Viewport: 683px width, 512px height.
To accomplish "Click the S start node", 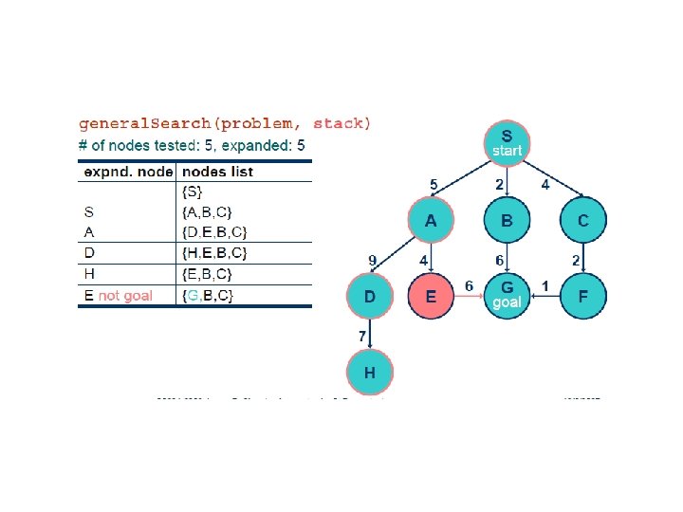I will click(x=506, y=142).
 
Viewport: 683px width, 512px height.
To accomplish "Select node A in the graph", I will click(x=431, y=221).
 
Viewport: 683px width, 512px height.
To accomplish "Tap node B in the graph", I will click(x=506, y=221).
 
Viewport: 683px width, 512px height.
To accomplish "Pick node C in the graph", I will click(x=582, y=221).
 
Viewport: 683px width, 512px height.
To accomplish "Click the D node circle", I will click(x=369, y=297).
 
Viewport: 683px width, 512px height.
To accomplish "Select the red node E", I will click(x=431, y=297).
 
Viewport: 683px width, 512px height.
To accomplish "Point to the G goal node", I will click(x=506, y=295).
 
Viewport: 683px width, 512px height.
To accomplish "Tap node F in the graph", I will click(x=582, y=297).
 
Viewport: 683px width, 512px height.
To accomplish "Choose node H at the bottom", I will click(x=369, y=374).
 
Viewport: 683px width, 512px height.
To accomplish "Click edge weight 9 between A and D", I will click(x=372, y=258).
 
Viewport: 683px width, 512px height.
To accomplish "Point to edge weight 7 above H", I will click(x=361, y=337).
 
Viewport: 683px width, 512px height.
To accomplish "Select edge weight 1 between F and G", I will click(x=545, y=285).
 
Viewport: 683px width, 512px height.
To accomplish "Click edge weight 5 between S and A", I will click(x=434, y=184).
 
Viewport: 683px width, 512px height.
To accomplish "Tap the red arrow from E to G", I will click(x=468, y=297).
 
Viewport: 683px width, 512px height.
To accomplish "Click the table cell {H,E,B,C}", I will click(x=213, y=253).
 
